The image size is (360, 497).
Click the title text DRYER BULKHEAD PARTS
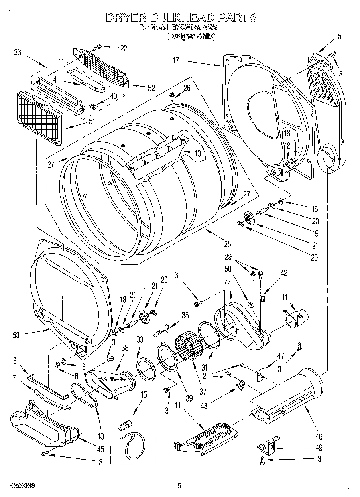[181, 18]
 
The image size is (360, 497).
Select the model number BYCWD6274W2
[194, 28]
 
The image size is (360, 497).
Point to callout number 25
[227, 243]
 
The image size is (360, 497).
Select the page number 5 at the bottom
[180, 486]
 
